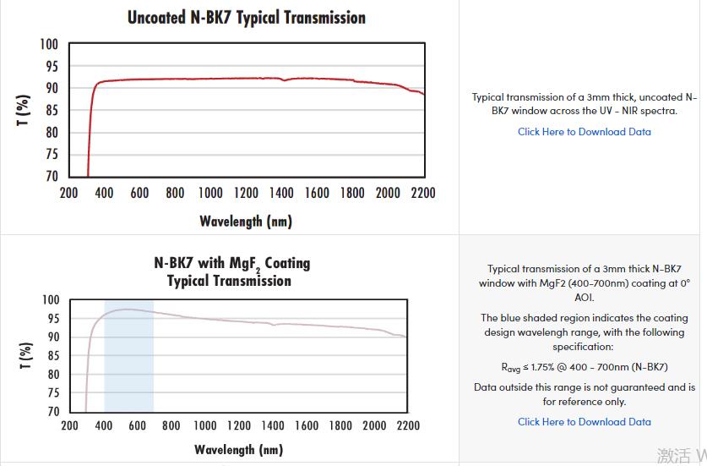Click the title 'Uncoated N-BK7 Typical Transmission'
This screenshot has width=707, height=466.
[x=246, y=18]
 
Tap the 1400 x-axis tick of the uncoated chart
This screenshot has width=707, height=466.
[x=281, y=193]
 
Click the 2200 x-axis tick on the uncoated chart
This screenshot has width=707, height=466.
[x=423, y=193]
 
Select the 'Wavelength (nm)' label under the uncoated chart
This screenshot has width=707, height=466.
[x=245, y=222]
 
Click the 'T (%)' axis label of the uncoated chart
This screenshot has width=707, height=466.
[x=24, y=110]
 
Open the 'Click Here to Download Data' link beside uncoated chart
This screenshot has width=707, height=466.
[x=584, y=132]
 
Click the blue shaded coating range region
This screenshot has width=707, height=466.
[x=128, y=355]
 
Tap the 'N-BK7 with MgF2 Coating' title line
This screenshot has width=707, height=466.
[x=231, y=263]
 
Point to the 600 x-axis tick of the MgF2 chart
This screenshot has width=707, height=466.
[x=137, y=425]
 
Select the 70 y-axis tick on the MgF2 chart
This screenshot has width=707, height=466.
[x=52, y=411]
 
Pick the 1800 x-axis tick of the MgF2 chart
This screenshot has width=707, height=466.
[x=340, y=425]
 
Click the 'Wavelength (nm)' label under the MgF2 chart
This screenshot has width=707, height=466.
[x=238, y=449]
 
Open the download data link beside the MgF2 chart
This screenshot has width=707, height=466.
[x=584, y=422]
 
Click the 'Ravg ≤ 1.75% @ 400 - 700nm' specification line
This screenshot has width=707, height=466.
[x=584, y=367]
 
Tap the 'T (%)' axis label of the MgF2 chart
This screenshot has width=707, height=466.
[x=25, y=355]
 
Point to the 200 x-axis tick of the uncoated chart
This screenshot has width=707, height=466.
[x=69, y=193]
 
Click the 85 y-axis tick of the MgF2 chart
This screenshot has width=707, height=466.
[x=52, y=355]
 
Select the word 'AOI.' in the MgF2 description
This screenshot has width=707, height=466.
[x=585, y=298]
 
